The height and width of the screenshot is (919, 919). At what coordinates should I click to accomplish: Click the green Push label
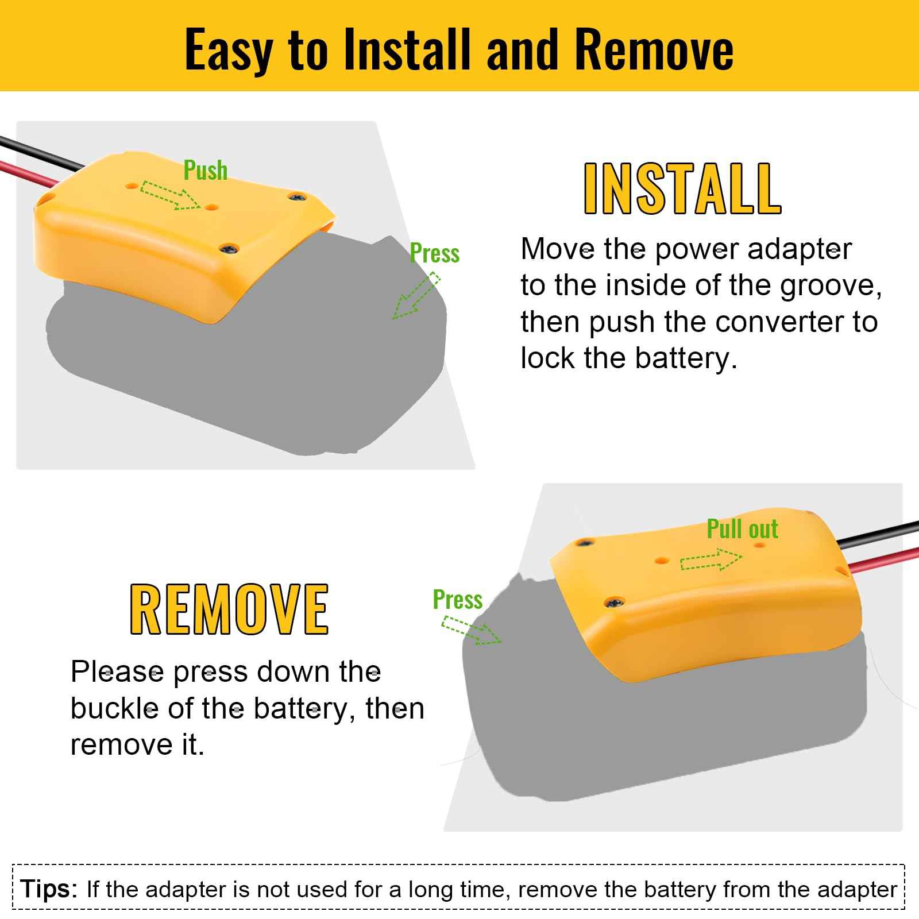click(x=205, y=171)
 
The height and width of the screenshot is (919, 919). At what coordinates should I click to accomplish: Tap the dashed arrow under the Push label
click(x=169, y=195)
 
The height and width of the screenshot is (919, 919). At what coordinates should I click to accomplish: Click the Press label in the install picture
click(x=434, y=253)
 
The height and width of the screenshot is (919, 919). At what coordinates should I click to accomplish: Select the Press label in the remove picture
click(x=457, y=600)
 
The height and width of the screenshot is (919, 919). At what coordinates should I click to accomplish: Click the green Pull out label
click(x=742, y=529)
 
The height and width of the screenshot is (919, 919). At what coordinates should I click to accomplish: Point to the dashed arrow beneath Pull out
click(x=711, y=560)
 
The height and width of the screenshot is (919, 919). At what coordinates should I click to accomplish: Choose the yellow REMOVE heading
click(x=229, y=609)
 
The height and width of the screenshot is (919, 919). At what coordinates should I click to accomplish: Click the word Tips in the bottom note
click(x=48, y=889)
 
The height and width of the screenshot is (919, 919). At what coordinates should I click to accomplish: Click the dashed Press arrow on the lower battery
click(x=471, y=631)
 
